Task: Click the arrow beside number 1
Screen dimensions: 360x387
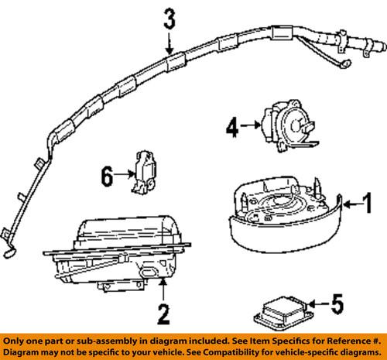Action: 351,204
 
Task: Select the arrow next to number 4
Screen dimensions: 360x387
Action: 249,123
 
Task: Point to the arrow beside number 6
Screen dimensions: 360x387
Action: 125,177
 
